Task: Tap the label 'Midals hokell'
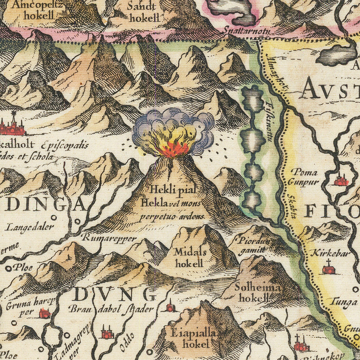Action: coord(189,257)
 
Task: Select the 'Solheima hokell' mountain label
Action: coord(252,293)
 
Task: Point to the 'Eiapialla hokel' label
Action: coord(190,339)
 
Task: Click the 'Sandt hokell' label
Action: coord(143,12)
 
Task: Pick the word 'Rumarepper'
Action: coord(109,238)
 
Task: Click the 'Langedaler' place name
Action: coord(30,227)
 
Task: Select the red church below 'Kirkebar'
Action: coord(328,268)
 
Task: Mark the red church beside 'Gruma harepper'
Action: coord(45,313)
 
